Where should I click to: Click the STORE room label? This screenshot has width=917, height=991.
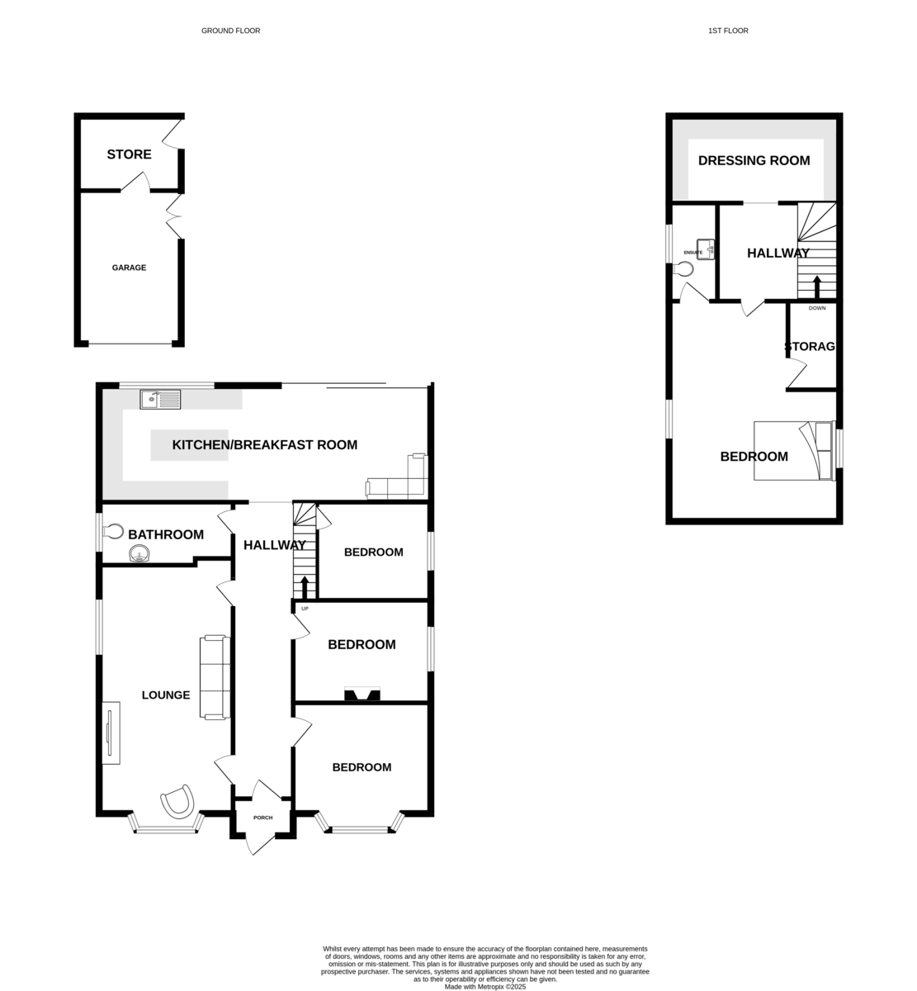[129, 154]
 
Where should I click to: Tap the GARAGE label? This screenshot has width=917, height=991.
[129, 268]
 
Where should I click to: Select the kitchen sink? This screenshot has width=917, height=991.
[160, 399]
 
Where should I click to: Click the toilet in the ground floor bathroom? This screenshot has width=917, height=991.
[113, 532]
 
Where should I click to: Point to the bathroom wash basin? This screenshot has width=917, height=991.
[139, 553]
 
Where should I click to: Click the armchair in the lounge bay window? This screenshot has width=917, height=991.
[177, 800]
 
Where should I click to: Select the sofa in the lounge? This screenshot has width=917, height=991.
[215, 677]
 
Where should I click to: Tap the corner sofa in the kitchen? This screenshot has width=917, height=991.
[397, 477]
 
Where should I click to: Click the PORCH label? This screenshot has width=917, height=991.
[263, 818]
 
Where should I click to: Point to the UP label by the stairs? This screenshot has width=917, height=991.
[305, 609]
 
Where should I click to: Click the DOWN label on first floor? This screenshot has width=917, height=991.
[817, 308]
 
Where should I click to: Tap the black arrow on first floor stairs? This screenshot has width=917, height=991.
[817, 287]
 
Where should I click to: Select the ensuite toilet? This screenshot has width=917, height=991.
[683, 269]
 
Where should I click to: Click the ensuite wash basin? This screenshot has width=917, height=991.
[706, 249]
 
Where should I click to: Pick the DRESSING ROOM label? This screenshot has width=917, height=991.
[754, 161]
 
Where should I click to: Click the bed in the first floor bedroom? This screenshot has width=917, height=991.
[794, 451]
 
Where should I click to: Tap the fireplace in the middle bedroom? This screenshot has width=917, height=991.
[362, 694]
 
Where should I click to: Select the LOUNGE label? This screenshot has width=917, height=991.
[166, 695]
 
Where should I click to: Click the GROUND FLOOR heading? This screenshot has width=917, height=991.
[230, 31]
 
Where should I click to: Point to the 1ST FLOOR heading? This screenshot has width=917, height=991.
[728, 31]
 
